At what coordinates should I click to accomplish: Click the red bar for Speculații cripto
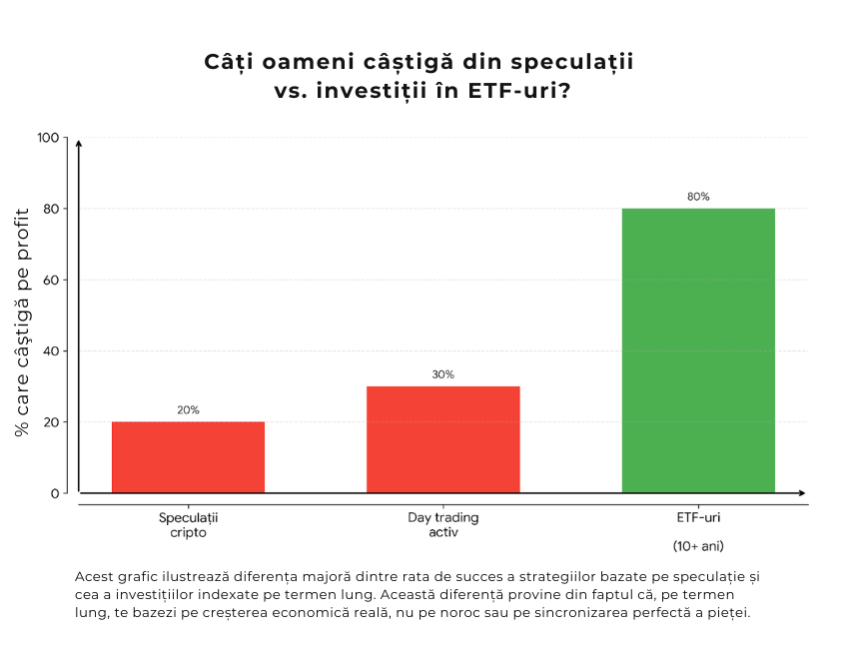click(188, 457)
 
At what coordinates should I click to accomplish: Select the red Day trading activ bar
click(442, 439)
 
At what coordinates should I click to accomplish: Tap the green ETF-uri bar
click(698, 350)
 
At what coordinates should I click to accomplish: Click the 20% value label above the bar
click(188, 410)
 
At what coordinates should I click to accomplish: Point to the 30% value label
click(442, 374)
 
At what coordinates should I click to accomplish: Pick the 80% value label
click(698, 197)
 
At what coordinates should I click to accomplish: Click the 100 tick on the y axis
click(48, 138)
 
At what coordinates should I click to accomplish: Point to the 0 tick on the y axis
click(55, 493)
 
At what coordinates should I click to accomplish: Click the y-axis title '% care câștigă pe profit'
click(22, 315)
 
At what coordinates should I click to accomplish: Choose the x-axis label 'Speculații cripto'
click(188, 525)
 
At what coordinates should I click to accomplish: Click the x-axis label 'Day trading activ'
click(442, 525)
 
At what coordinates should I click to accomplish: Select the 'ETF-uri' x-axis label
click(698, 518)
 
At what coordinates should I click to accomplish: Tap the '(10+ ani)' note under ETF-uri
click(698, 546)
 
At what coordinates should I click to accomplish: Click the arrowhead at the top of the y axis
click(78, 144)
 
